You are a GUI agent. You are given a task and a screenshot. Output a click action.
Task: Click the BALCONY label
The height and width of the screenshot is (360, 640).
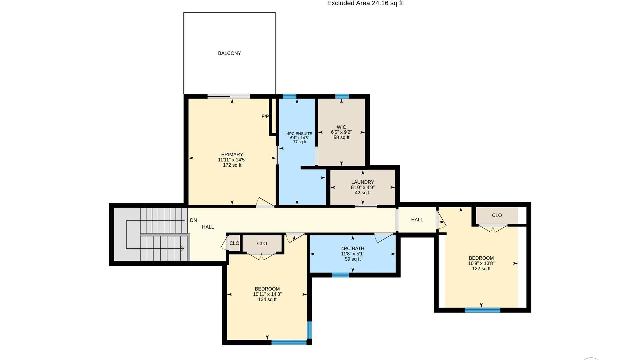[229, 53]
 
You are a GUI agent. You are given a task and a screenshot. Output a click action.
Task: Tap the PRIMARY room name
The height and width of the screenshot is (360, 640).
[232, 155]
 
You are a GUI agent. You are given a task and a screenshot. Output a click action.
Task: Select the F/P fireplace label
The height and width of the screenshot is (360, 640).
[265, 116]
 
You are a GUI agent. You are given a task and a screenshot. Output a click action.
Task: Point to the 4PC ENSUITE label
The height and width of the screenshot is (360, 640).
[300, 134]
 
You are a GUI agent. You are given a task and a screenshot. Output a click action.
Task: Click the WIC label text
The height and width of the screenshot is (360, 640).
[341, 127]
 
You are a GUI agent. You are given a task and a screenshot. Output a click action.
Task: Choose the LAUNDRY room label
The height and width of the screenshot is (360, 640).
[363, 182]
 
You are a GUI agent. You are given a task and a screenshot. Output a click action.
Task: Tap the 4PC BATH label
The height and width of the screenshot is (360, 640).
[353, 249]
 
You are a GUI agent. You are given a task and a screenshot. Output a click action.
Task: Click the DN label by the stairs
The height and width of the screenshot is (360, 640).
[193, 220]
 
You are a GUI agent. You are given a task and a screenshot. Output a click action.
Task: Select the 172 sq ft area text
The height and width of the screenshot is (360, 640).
[232, 165]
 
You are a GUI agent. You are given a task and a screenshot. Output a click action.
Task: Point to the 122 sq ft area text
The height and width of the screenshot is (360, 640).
[481, 269]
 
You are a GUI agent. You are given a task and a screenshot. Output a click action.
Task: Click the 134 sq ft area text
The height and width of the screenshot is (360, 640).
[267, 300]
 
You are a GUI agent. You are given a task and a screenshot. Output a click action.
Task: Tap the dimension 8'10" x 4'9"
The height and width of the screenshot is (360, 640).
[363, 188]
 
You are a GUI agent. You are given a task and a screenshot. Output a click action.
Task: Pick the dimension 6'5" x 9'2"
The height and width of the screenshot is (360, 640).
[341, 132]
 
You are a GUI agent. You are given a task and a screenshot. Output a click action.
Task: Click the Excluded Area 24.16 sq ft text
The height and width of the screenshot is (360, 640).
[365, 3]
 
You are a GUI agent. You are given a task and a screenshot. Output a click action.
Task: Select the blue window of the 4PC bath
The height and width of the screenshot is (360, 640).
[340, 275]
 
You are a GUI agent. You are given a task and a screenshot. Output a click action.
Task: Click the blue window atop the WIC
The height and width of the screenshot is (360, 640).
[342, 96]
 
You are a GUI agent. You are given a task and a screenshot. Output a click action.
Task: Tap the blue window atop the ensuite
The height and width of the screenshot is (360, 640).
[289, 96]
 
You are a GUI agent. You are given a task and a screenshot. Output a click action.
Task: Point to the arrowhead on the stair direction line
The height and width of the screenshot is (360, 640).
[183, 248]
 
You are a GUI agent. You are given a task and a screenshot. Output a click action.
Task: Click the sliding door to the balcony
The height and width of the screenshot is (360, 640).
[229, 97]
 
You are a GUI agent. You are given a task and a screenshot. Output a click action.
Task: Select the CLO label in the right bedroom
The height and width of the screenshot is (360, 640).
[497, 215]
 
